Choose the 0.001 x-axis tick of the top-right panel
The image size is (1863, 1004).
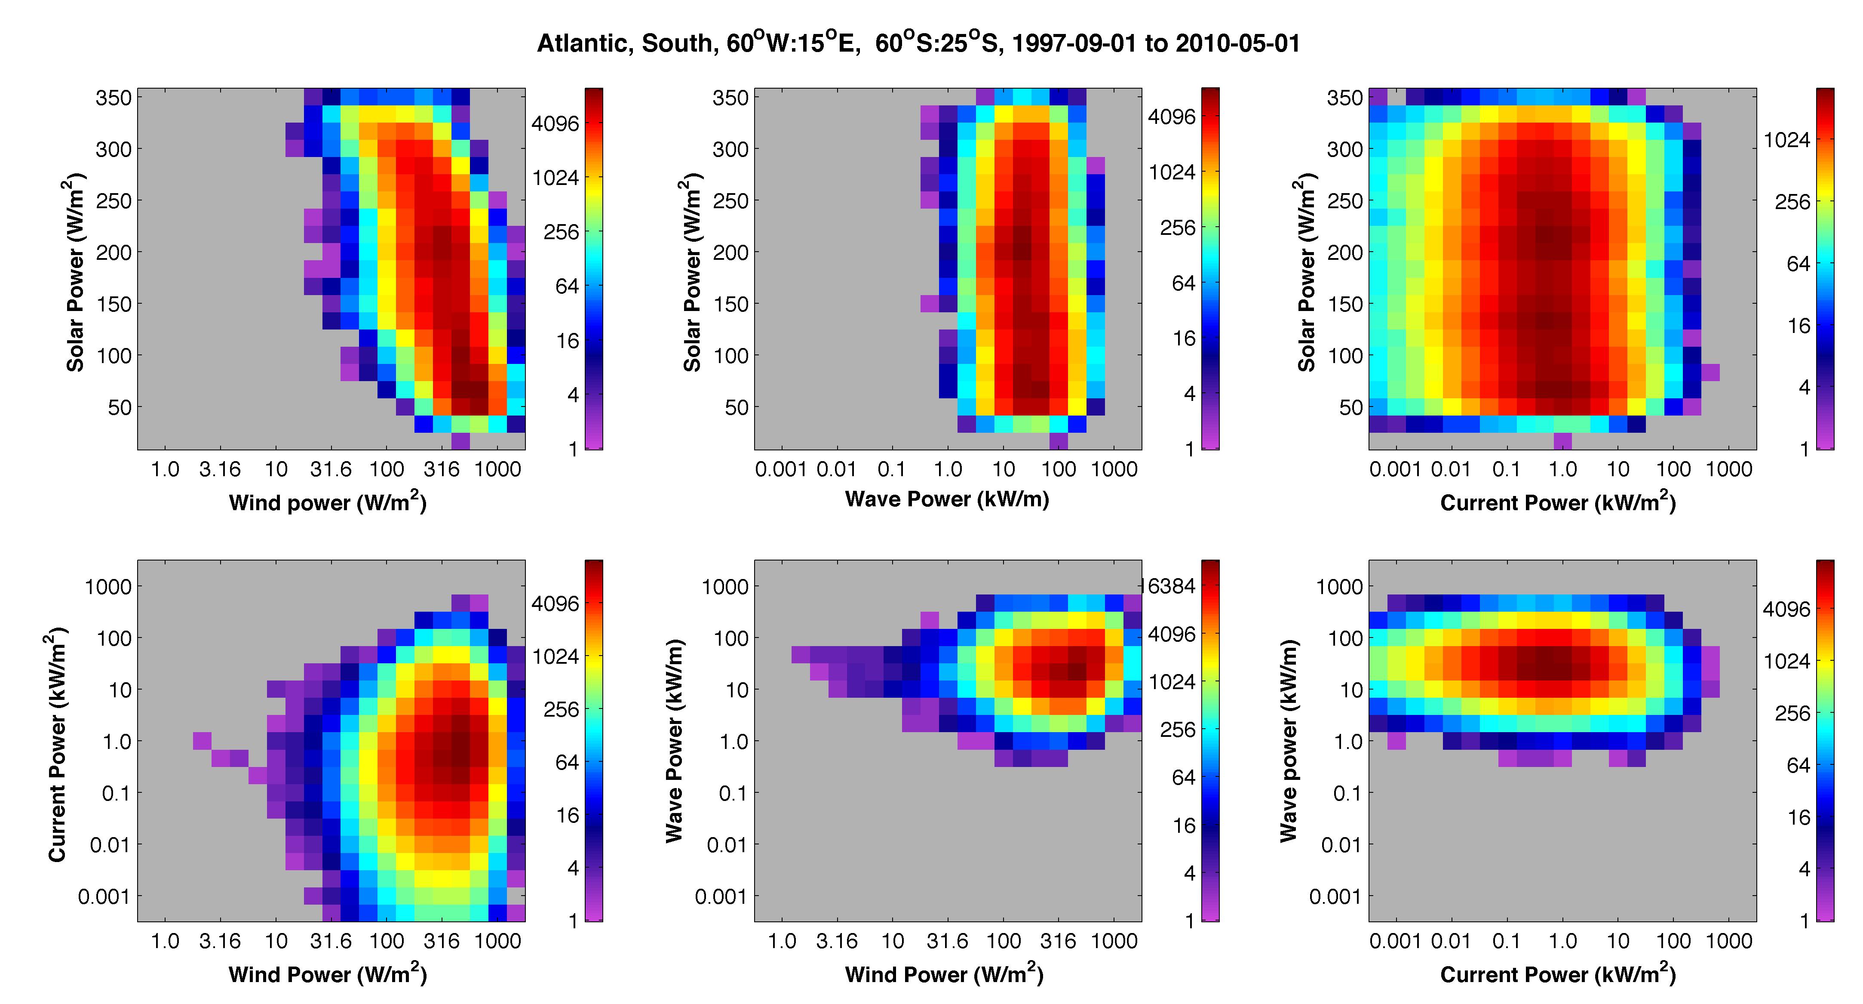(x=1395, y=469)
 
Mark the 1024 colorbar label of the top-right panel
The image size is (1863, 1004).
(x=1786, y=140)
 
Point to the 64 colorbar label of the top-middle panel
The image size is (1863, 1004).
(x=1184, y=283)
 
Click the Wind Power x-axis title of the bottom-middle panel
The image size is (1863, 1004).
(x=944, y=974)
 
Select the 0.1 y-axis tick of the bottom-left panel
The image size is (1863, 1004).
(x=117, y=794)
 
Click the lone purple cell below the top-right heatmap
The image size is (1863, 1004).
(x=1563, y=440)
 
